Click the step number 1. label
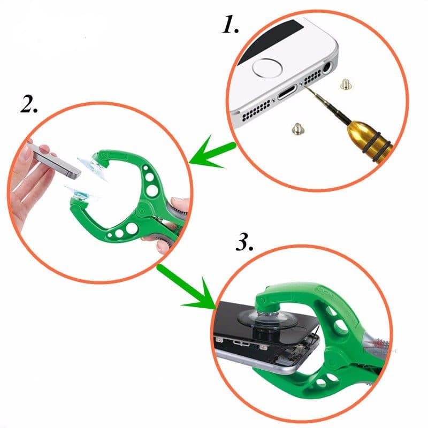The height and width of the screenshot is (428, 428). point(230,25)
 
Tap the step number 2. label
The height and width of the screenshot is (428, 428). point(29,104)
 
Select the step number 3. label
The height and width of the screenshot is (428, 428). point(244,242)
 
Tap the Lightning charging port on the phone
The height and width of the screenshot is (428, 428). point(287,92)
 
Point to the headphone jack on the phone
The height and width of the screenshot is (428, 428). point(327,67)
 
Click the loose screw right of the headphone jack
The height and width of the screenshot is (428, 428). point(345,83)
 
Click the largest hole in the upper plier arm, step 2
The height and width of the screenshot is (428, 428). point(152,190)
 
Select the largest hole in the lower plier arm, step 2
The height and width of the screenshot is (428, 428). point(132,228)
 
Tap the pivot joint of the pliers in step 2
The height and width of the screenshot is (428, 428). point(142,210)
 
